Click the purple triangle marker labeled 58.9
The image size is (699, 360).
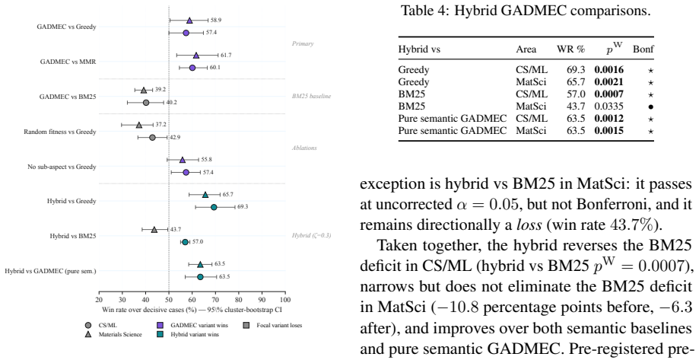[x=189, y=21]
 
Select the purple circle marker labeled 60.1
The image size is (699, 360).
[x=192, y=68]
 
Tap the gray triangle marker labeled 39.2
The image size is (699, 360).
[x=144, y=90]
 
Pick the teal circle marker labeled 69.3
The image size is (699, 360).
[x=214, y=207]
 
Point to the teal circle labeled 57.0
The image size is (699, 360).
[x=185, y=242]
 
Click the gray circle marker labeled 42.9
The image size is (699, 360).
[x=152, y=138]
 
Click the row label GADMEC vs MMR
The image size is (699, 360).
[x=68, y=62]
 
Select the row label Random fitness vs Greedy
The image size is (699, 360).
[x=60, y=132]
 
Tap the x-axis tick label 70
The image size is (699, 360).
[x=215, y=300]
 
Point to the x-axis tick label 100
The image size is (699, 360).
[x=285, y=300]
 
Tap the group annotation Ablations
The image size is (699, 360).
[x=304, y=148]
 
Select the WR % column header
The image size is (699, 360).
[x=570, y=49]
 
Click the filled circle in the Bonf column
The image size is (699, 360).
[x=651, y=107]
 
